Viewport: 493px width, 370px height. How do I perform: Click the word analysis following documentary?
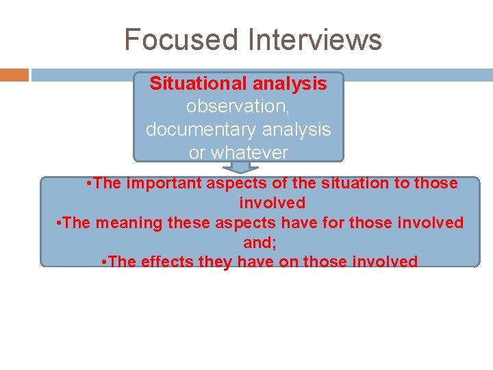click(x=296, y=129)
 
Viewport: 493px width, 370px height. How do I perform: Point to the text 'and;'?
click(x=259, y=243)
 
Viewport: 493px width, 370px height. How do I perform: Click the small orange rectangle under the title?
click(x=14, y=75)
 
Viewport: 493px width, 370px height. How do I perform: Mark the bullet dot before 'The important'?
click(x=89, y=184)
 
